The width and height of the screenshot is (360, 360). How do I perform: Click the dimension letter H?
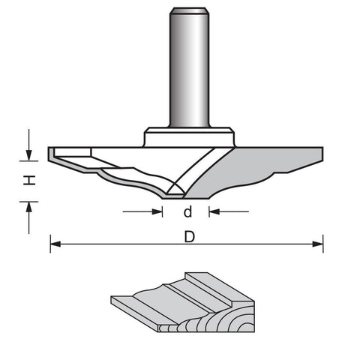click(29, 180)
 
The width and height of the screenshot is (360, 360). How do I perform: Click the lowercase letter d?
click(187, 211)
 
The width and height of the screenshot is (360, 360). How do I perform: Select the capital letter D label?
click(189, 237)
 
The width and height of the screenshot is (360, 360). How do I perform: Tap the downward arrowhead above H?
click(29, 155)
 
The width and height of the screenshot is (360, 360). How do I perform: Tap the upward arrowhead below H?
click(29, 207)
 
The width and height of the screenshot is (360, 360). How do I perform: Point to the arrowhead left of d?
click(157, 211)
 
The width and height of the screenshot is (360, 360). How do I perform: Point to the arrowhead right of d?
click(214, 211)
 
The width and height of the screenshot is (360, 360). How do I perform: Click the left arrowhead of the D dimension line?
click(55, 244)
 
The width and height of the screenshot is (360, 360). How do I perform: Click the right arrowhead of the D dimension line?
click(318, 244)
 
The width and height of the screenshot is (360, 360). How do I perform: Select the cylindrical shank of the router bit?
click(189, 67)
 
